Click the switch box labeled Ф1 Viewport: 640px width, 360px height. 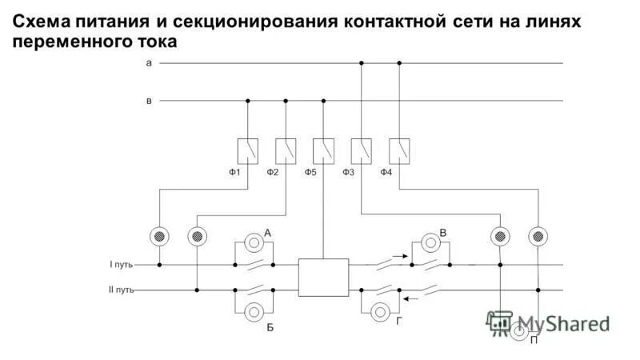click(247, 149)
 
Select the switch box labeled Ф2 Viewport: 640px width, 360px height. click(286, 149)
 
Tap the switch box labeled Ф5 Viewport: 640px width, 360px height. click(323, 149)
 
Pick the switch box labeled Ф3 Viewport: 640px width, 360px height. click(362, 149)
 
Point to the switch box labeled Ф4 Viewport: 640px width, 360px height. click(399, 149)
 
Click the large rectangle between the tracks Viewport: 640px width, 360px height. click(323, 277)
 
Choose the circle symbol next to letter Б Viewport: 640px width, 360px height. click(254, 310)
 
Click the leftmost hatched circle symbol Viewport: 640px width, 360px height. click(159, 236)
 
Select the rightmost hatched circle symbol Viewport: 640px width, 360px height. click(538, 236)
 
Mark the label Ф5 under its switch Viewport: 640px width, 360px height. click(311, 172)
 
